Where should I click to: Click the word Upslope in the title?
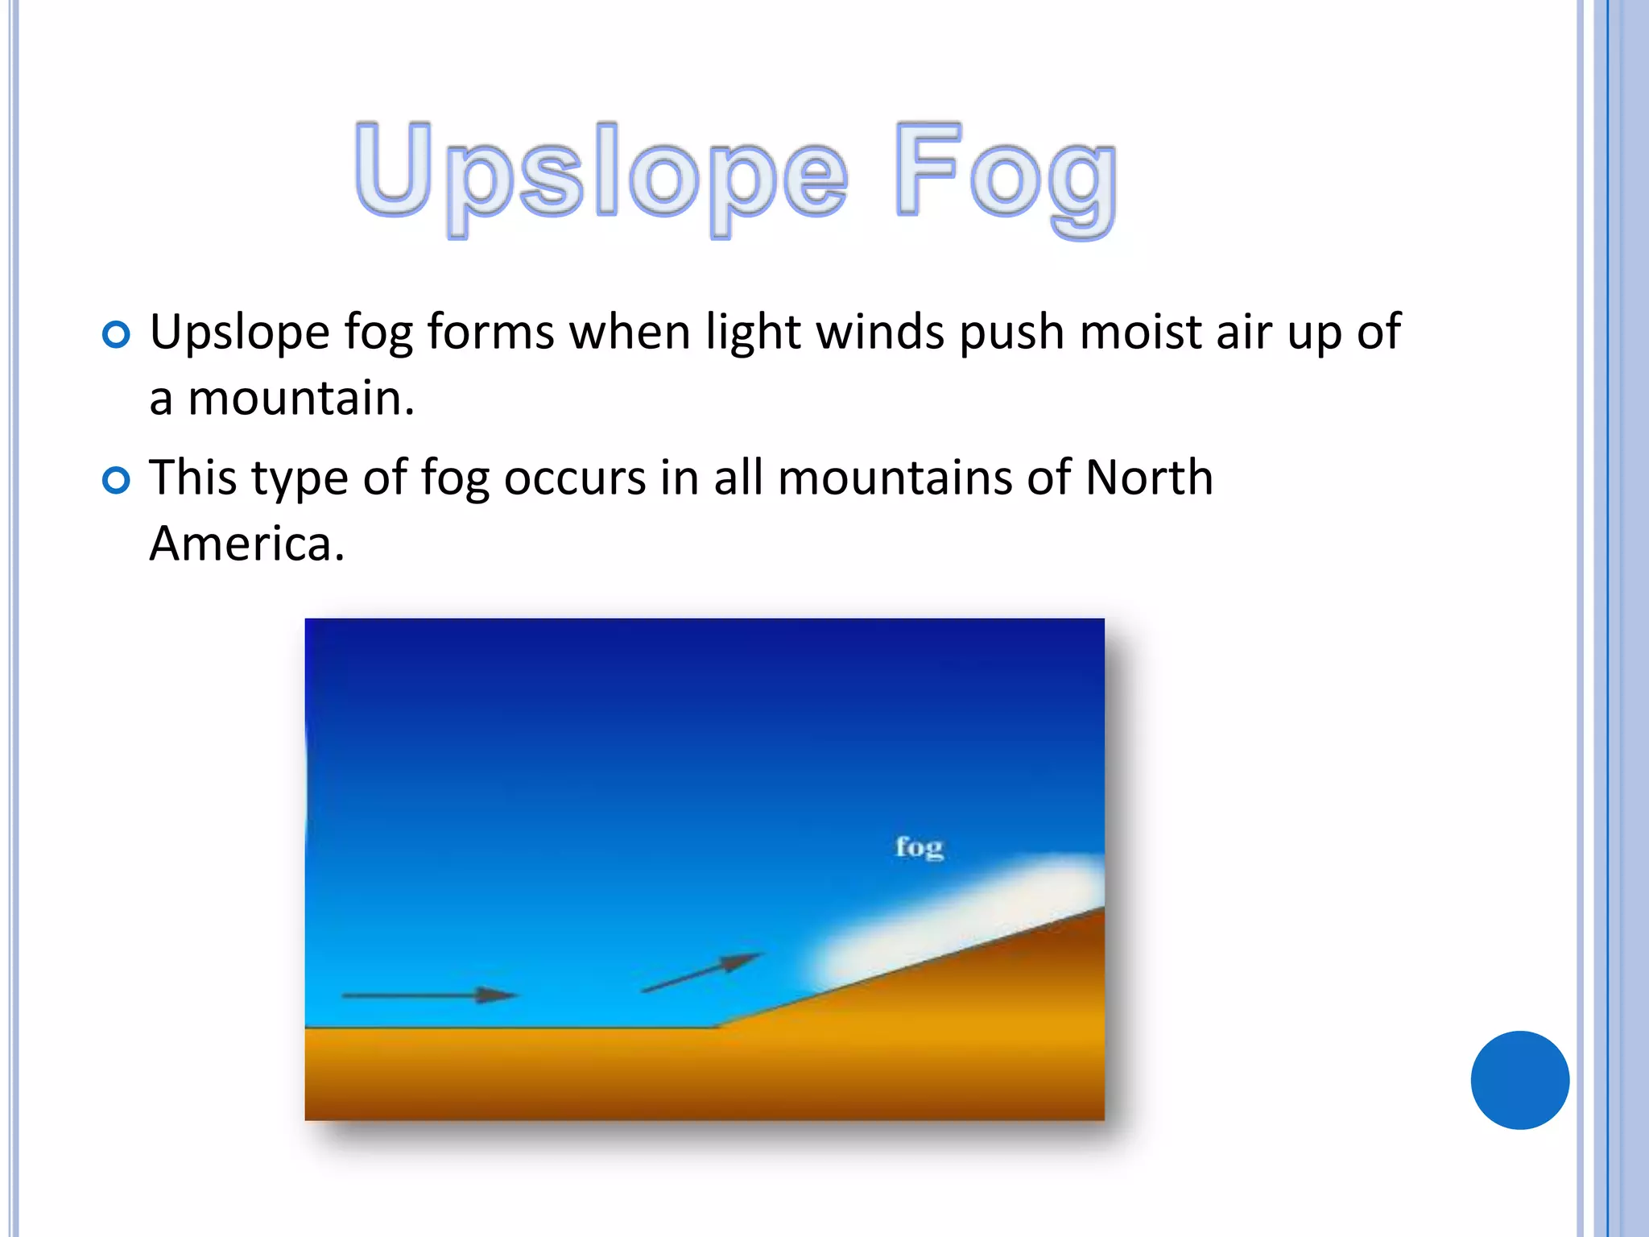(x=600, y=173)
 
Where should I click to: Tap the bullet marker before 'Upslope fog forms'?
(x=117, y=334)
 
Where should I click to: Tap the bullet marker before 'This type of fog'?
(x=117, y=481)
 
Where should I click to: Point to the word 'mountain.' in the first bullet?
(x=301, y=398)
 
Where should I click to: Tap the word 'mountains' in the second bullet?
(x=895, y=478)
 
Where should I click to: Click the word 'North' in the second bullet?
(x=1149, y=478)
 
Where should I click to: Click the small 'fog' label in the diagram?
(x=919, y=847)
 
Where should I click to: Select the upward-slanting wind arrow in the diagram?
(x=701, y=973)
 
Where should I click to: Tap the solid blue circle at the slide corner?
(x=1519, y=1080)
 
